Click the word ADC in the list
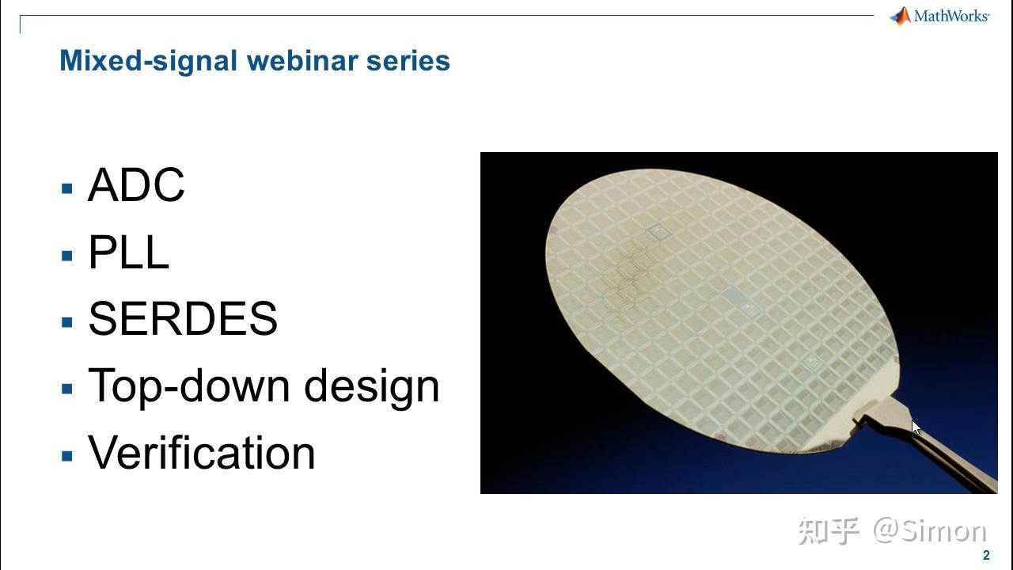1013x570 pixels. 136,186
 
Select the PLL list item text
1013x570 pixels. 128,253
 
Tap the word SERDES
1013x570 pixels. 183,319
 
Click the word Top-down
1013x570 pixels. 189,386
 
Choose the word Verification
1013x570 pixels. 202,453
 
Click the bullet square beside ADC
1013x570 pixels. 67,188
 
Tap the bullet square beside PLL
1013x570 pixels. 67,255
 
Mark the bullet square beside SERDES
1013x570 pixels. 67,321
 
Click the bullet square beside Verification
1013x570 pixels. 67,456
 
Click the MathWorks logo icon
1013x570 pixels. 900,16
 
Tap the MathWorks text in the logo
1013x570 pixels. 951,16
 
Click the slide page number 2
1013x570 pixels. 986,556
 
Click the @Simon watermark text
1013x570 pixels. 930,531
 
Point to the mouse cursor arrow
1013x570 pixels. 915,427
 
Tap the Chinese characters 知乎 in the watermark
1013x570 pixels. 829,531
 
